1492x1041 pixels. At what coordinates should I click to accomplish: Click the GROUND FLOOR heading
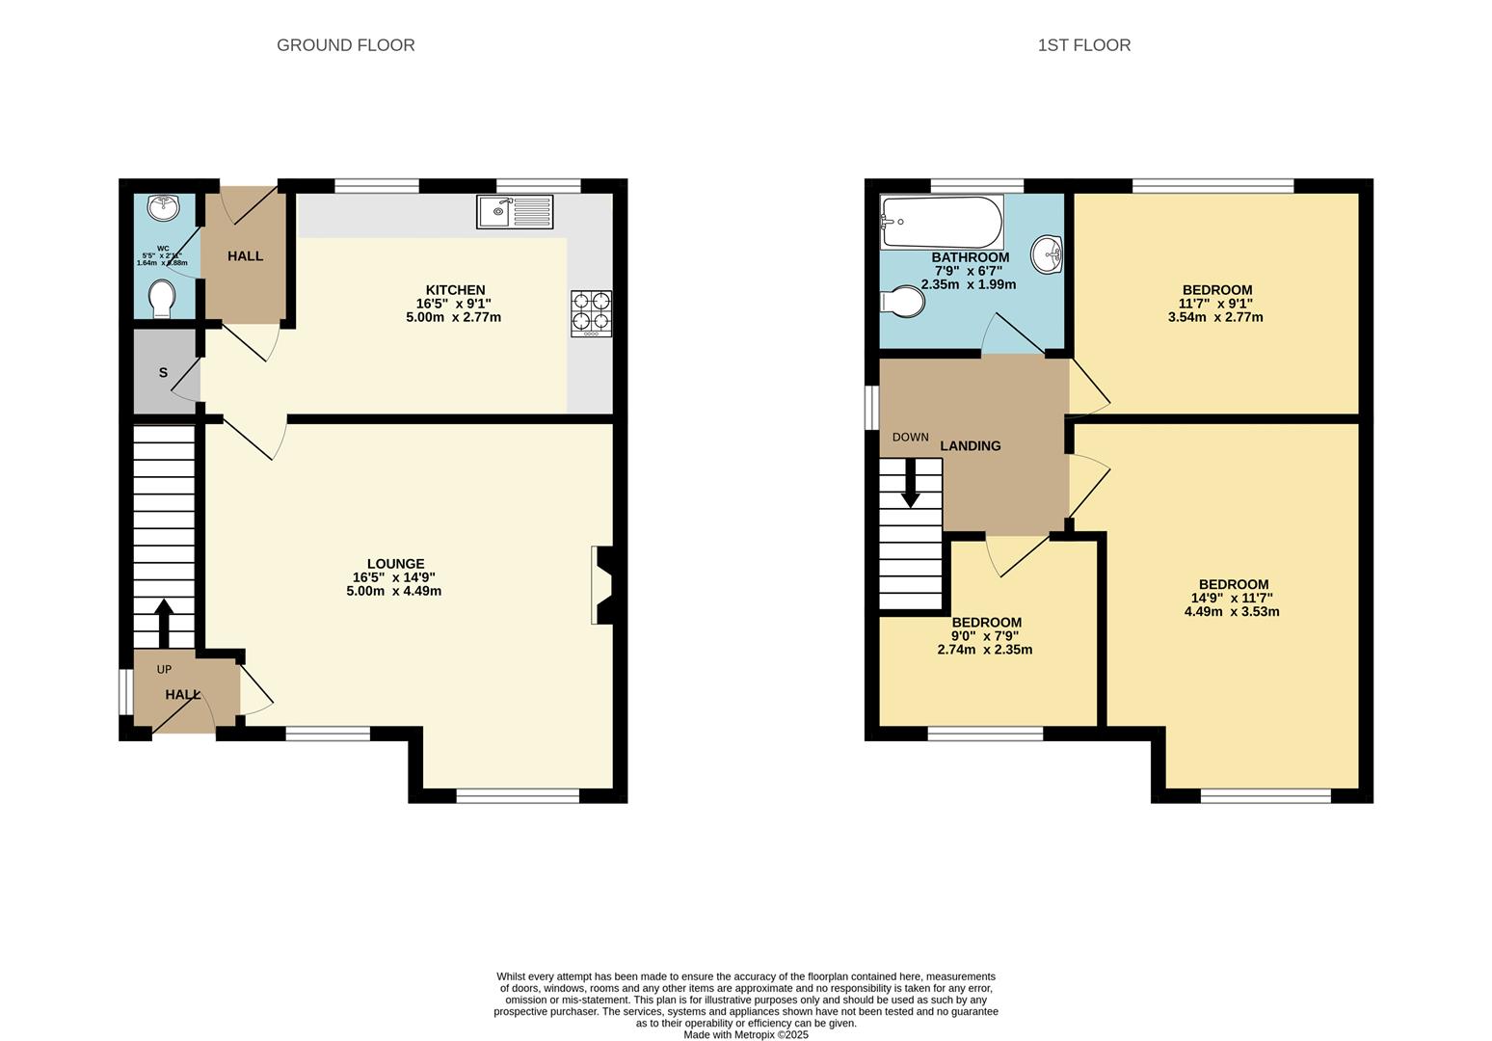tap(345, 45)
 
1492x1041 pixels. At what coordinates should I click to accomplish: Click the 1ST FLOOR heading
tap(1083, 45)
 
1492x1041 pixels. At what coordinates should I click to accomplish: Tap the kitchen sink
tap(515, 212)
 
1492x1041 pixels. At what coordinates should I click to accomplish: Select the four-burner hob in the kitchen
tap(591, 313)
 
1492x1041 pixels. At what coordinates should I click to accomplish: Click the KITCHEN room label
tap(455, 290)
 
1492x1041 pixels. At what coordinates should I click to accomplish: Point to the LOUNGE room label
tap(395, 564)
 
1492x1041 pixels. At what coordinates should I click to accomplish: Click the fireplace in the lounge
tap(605, 585)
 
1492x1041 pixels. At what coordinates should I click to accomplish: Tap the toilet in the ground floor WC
tap(162, 298)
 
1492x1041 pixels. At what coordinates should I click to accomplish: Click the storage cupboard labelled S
tap(163, 373)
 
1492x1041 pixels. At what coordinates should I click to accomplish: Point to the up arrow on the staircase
tap(163, 623)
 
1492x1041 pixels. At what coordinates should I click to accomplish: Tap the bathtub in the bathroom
tap(941, 223)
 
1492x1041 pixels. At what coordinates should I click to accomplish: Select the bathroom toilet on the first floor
tap(902, 301)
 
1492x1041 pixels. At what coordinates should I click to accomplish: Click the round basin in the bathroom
tap(1047, 255)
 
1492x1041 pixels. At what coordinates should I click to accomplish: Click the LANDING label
tap(970, 446)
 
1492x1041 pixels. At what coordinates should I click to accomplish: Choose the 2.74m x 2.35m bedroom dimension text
tap(984, 650)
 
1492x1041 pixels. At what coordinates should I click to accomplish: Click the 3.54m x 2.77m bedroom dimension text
tap(1215, 317)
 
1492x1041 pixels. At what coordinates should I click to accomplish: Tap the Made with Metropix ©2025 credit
tap(745, 1035)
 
